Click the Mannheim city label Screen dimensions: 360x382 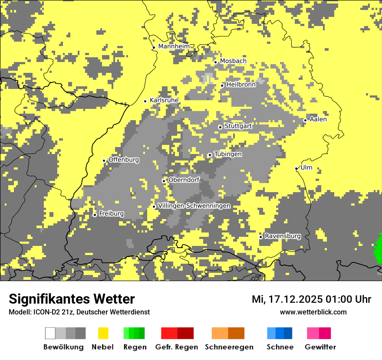coord(174,46)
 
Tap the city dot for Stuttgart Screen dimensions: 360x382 coord(220,127)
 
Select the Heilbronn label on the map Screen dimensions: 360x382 coord(241,85)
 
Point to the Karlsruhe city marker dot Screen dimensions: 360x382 coord(145,101)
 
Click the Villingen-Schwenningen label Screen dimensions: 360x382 coord(194,206)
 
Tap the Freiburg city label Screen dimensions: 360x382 coord(111,214)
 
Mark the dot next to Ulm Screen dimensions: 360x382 coord(296,169)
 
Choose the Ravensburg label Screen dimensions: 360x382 coord(283,236)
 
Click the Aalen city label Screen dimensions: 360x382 coord(318,119)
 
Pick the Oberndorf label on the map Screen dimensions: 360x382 coord(184,180)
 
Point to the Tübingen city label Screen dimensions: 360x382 coord(228,154)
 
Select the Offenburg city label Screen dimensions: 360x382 coord(124,160)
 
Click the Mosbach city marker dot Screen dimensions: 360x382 coord(215,62)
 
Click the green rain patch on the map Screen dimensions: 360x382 coord(379,249)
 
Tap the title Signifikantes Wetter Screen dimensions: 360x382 coord(72,299)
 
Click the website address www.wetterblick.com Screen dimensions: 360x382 coord(313,312)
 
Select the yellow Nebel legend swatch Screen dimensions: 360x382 coord(103,333)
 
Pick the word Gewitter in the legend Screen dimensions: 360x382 coord(320,347)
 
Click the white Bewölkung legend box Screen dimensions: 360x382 coord(50,333)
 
